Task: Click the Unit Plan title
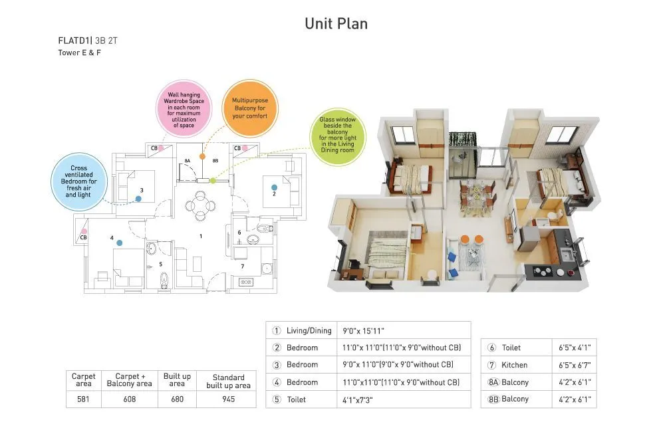pyautogui.click(x=336, y=24)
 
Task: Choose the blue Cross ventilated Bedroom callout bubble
pyautogui.click(x=79, y=181)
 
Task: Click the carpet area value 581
pyautogui.click(x=84, y=399)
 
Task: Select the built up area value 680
pyautogui.click(x=177, y=399)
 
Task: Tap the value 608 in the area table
pyautogui.click(x=130, y=399)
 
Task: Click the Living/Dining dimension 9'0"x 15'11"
pyautogui.click(x=364, y=330)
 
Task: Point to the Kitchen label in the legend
pyautogui.click(x=514, y=365)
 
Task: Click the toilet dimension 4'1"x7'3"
pyautogui.click(x=358, y=399)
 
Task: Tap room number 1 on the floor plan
pyautogui.click(x=201, y=236)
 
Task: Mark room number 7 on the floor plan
pyautogui.click(x=243, y=267)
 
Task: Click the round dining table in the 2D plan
pyautogui.click(x=200, y=200)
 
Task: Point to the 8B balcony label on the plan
pyautogui.click(x=215, y=161)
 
